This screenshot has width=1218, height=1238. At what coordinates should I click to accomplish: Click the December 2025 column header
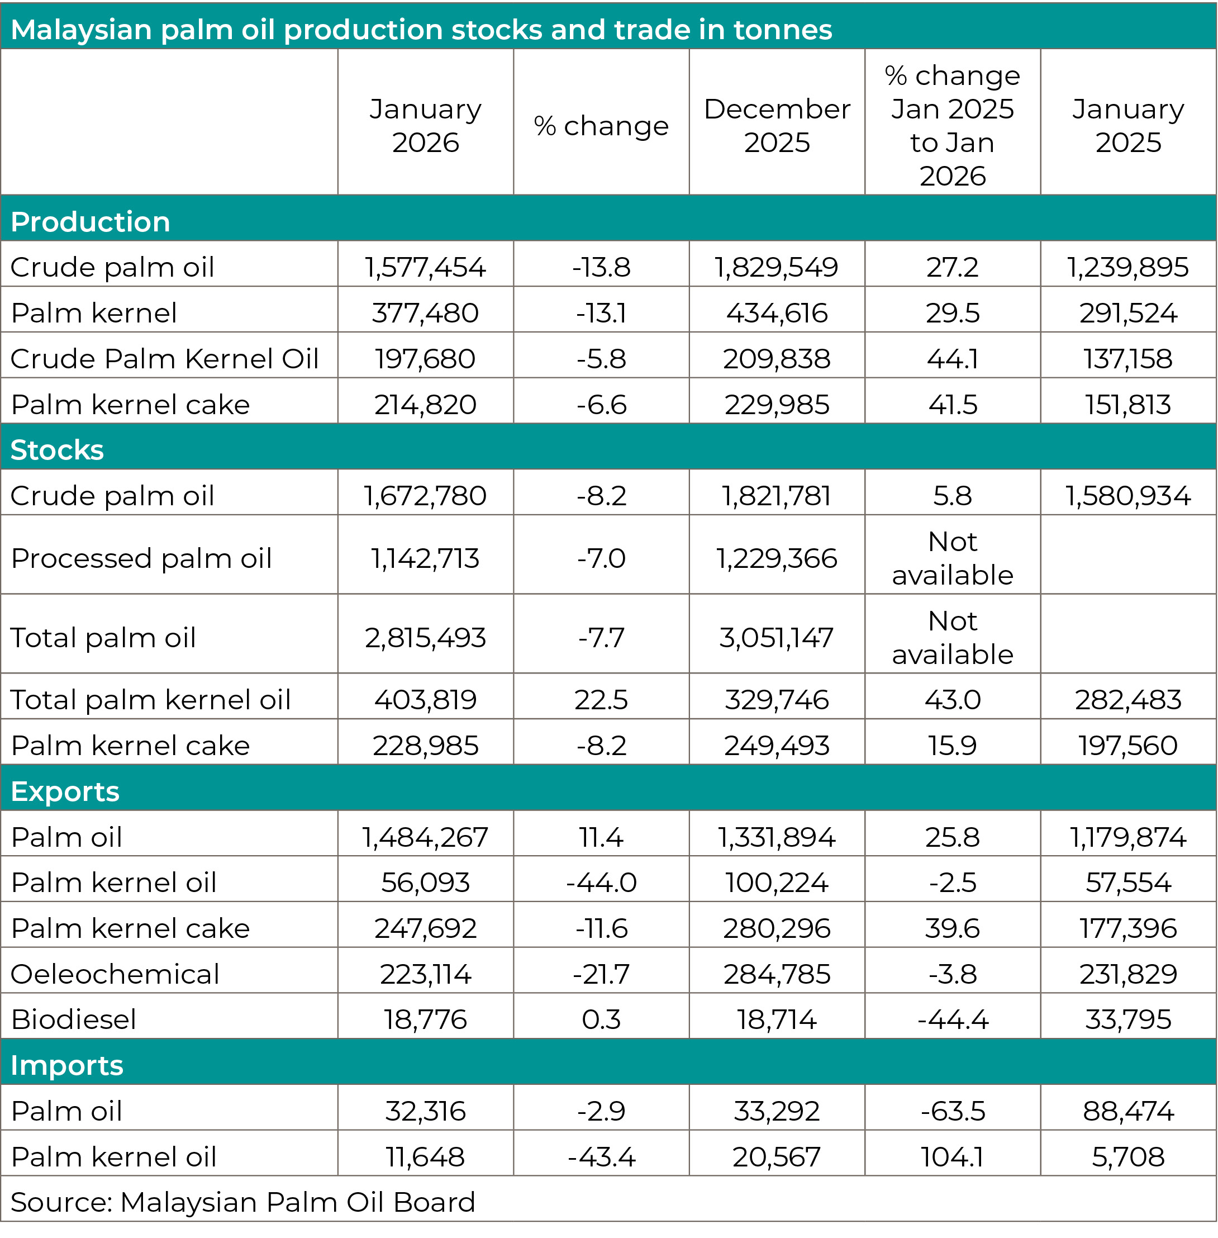777,125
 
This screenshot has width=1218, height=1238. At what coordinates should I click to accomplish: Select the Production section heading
90,222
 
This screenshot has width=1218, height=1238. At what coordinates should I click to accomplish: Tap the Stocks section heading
57,450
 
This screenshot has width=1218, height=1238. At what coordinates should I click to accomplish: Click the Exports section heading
65,791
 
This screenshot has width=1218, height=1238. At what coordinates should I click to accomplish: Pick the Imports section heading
67,1065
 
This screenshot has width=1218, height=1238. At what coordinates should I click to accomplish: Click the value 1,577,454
425,267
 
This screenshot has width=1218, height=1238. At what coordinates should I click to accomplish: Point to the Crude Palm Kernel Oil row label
164,358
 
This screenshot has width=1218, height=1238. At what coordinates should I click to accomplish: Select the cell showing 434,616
777,313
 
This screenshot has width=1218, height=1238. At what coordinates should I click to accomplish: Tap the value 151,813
1128,404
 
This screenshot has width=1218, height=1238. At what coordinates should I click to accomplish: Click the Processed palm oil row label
141,558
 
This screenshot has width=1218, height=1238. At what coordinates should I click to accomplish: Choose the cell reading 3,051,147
777,637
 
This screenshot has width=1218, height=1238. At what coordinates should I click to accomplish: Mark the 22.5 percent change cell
601,699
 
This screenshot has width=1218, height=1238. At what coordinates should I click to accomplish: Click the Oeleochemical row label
115,974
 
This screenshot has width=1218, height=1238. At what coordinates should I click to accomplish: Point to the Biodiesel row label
74,1019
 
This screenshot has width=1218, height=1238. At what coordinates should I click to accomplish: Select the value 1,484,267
425,837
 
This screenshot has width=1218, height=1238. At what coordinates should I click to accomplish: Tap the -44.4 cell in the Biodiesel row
953,1019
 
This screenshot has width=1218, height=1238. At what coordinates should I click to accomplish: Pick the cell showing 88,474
1128,1111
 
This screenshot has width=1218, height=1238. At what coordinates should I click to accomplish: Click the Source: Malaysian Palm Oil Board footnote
243,1202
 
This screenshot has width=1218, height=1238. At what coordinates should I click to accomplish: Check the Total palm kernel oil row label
151,699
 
